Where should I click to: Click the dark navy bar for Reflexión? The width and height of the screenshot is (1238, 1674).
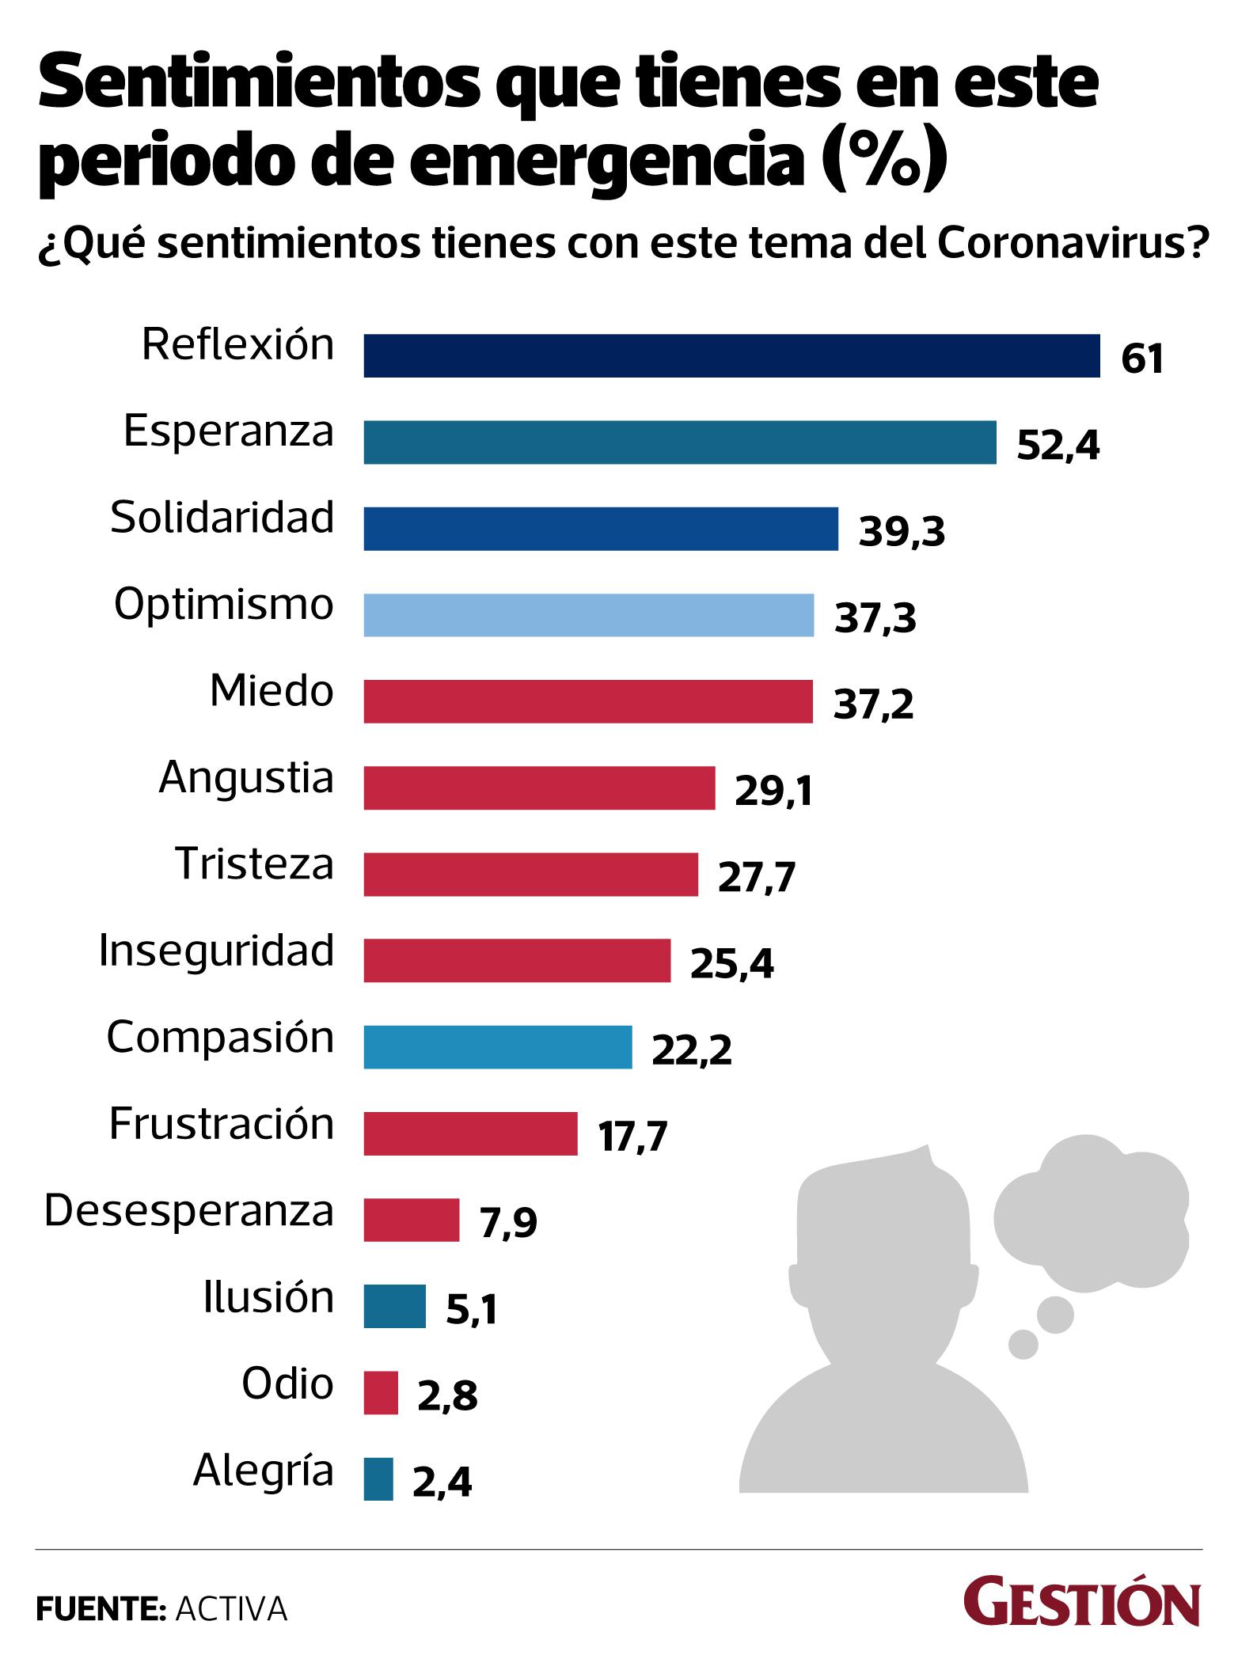pos(731,355)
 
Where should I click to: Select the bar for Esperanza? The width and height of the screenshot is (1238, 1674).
pos(679,442)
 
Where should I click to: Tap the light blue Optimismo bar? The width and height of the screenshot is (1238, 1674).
pos(588,615)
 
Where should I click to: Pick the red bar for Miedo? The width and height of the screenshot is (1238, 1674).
pos(587,701)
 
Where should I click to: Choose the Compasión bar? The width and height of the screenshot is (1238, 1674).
pos(497,1047)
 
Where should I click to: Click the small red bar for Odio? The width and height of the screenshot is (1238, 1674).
pos(381,1393)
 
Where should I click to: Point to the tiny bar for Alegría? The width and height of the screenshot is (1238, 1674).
pos(378,1479)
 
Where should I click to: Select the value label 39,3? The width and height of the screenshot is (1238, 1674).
pos(902,533)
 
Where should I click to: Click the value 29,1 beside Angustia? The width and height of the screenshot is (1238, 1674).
pos(773,791)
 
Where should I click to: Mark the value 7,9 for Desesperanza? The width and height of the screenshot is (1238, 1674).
pos(508,1223)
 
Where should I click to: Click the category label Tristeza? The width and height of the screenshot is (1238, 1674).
pos(254,864)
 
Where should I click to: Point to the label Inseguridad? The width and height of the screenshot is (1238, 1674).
pos(216,951)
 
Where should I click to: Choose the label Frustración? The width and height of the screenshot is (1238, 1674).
pos(222,1123)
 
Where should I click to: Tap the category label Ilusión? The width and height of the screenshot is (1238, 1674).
pos(268,1296)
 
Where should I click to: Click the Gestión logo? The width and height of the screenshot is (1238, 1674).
pos(1081,1604)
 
